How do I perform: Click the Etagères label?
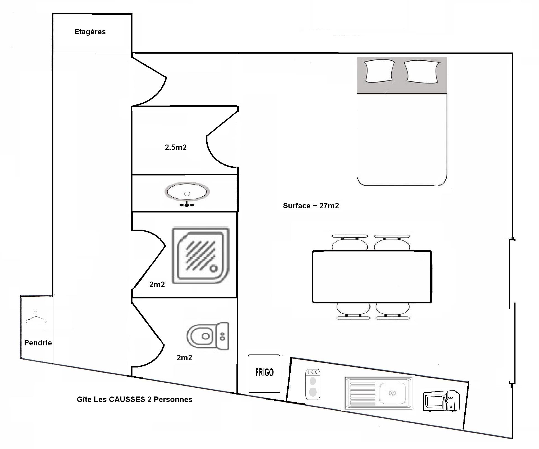pyautogui.click(x=90, y=32)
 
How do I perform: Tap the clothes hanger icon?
pyautogui.click(x=36, y=317)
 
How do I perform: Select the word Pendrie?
pyautogui.click(x=38, y=343)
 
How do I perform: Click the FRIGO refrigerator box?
pyautogui.click(x=264, y=373)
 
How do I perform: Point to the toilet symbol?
pyautogui.click(x=208, y=336)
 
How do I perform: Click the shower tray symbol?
pyautogui.click(x=201, y=255)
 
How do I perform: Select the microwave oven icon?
pyautogui.click(x=441, y=401)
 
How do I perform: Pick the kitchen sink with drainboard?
pyautogui.click(x=378, y=393)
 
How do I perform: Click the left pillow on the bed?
pyautogui.click(x=379, y=71)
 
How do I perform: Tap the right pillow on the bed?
pyautogui.click(x=422, y=72)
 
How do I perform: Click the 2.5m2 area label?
pyautogui.click(x=176, y=148)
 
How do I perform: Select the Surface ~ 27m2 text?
pyautogui.click(x=311, y=206)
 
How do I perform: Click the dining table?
pyautogui.click(x=372, y=277)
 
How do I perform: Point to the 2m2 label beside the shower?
pyautogui.click(x=157, y=285)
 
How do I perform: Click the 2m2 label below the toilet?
pyautogui.click(x=184, y=358)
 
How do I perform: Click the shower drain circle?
pyautogui.click(x=213, y=268)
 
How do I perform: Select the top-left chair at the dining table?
pyautogui.click(x=350, y=242)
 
